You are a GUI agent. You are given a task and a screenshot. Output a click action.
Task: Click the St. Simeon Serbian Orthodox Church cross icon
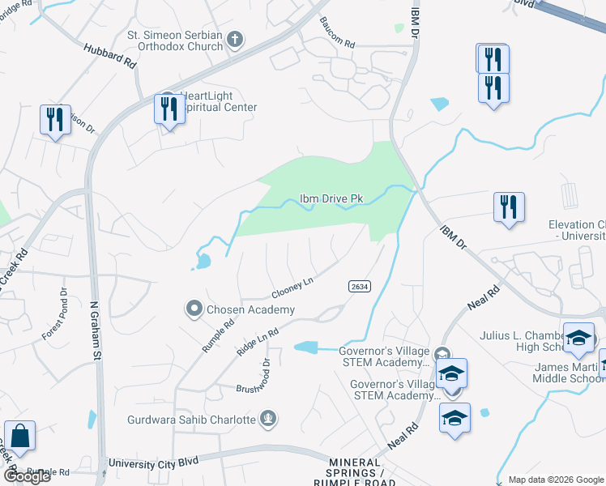(235, 40)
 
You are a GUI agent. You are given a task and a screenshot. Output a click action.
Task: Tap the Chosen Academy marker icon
(194, 309)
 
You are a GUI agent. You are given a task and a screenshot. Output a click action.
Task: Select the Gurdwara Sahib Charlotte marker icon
(269, 419)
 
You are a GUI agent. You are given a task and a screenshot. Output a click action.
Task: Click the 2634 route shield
(361, 288)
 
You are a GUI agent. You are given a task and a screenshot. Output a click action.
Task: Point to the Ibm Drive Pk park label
(331, 199)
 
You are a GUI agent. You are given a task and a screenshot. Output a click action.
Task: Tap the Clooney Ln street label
(292, 287)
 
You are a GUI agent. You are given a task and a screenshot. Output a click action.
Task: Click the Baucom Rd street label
(337, 32)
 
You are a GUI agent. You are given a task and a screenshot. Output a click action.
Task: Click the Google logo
(27, 476)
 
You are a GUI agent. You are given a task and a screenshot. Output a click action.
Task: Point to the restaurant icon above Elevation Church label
(509, 207)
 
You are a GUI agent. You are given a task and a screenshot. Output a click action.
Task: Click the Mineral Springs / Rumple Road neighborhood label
(360, 471)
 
